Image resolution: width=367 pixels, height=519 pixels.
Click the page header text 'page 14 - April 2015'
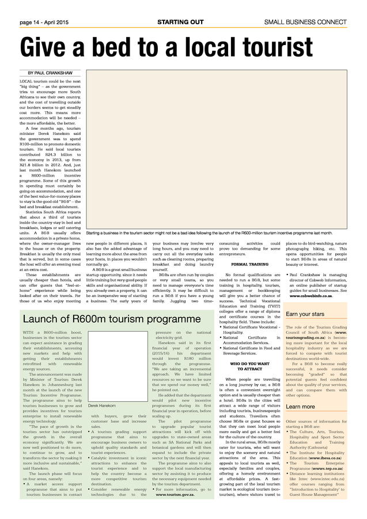[x=44, y=22]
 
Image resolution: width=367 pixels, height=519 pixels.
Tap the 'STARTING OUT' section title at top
[x=180, y=22]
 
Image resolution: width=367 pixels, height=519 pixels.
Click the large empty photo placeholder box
[x=216, y=149]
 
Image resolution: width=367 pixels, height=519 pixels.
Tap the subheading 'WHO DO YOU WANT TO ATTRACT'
[x=249, y=366]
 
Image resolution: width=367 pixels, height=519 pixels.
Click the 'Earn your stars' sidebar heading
[x=305, y=314]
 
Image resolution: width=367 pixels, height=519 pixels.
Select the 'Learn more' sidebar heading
[x=300, y=423]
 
